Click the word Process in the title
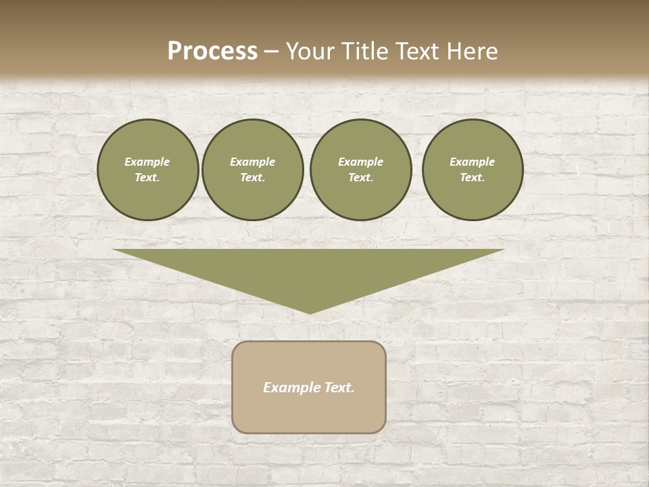[212, 51]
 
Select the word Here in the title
[472, 51]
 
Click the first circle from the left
[148, 170]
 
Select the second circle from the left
[253, 170]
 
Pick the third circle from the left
[361, 170]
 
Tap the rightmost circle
[473, 170]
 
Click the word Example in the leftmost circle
[147, 162]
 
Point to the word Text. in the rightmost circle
[473, 178]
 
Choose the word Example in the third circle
[361, 162]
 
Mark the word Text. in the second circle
[253, 178]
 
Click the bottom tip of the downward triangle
[310, 312]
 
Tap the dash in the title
[271, 51]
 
